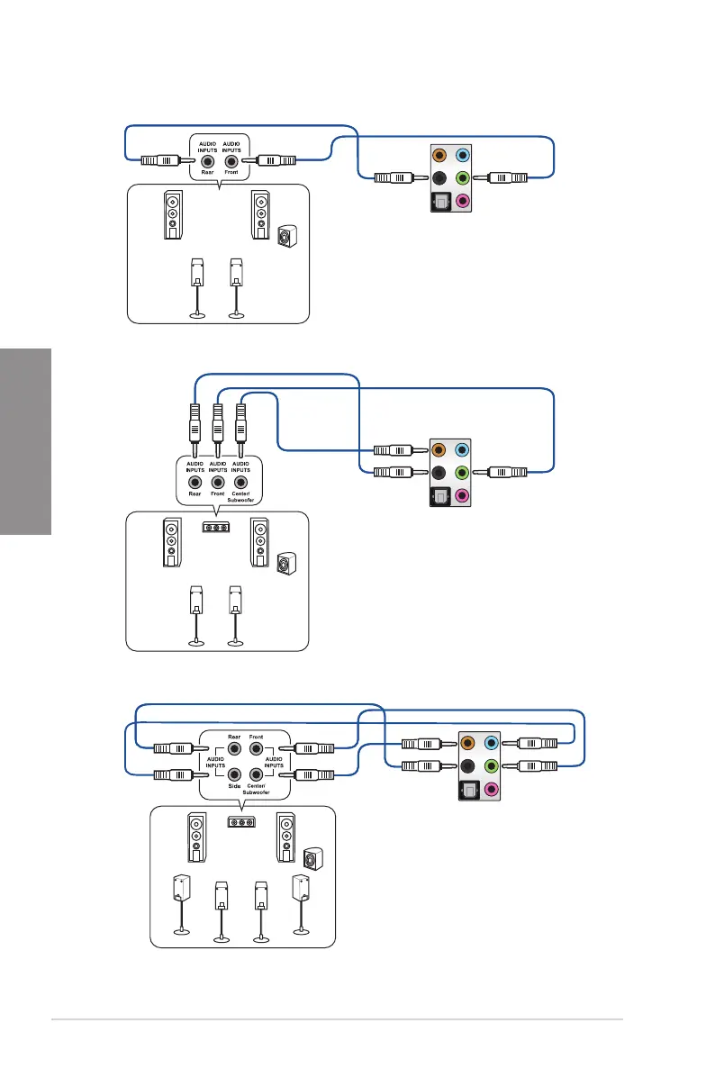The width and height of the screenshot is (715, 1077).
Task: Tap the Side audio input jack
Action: click(x=234, y=773)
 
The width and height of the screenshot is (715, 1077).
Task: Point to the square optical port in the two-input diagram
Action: click(x=439, y=202)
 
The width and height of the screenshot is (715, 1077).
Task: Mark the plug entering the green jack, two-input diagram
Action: click(x=506, y=177)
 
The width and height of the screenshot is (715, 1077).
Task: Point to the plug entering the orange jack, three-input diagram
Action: click(x=394, y=448)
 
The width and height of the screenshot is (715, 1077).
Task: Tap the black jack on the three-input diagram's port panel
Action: click(x=439, y=471)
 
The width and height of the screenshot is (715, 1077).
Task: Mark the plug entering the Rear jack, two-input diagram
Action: click(x=163, y=160)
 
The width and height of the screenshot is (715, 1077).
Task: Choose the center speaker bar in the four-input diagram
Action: click(x=240, y=821)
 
